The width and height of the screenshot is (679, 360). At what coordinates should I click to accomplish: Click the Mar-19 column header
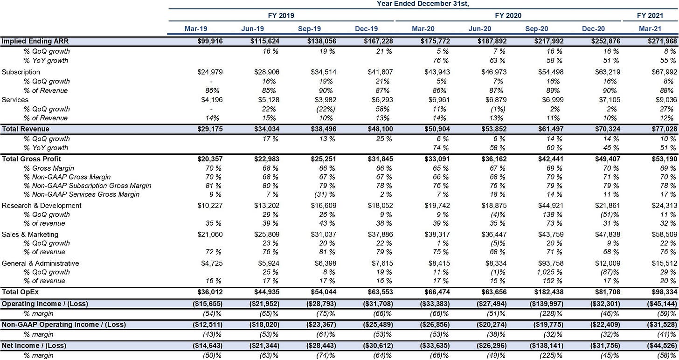(196, 29)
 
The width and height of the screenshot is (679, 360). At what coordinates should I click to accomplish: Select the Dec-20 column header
(593, 29)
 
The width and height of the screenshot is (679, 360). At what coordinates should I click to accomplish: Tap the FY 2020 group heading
(508, 15)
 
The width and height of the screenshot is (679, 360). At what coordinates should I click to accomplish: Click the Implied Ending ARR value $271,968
(662, 41)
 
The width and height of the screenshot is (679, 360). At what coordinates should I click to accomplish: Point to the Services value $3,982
(324, 100)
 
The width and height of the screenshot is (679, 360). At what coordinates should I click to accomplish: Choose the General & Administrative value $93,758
(551, 263)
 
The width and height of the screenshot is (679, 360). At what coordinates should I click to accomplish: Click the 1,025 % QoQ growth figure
(549, 272)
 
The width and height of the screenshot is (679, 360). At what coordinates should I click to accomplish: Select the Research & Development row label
(42, 206)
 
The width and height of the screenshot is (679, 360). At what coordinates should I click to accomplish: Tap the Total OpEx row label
(21, 292)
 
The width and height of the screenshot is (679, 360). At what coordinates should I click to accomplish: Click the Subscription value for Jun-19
(267, 72)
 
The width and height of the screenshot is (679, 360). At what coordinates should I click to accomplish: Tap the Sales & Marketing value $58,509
(665, 235)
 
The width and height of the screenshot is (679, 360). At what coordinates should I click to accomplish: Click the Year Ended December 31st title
(423, 4)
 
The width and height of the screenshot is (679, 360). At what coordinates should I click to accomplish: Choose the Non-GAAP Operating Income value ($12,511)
(208, 325)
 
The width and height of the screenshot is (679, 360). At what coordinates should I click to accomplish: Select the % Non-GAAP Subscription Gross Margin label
(88, 186)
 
